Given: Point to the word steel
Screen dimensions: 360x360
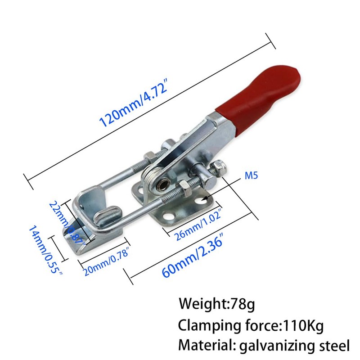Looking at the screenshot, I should (331, 345).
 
